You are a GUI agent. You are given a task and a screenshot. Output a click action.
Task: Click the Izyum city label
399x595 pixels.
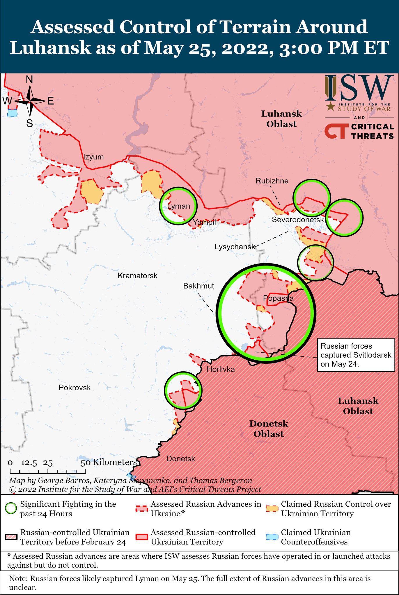point(93,157)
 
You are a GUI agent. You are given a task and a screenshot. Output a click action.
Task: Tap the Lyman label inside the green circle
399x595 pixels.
point(179,206)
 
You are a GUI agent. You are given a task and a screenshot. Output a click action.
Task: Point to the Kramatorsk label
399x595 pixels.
point(137,275)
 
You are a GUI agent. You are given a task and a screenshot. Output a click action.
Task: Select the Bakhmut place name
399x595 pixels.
point(198,286)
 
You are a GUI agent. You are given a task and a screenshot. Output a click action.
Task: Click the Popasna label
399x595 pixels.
point(278,298)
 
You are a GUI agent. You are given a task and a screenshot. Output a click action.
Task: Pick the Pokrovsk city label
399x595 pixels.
point(75,388)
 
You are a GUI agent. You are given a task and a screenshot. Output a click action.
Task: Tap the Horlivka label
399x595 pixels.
point(221,369)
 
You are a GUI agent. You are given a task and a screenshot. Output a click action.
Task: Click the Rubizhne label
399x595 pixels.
point(272,181)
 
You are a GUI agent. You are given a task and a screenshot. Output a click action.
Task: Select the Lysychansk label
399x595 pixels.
point(235,247)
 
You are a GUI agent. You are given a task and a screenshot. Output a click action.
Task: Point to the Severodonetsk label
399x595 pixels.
point(298,220)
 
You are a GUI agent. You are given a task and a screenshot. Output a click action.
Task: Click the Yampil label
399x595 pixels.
point(204,223)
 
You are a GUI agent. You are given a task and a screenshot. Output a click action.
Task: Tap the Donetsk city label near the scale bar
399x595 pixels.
point(181,459)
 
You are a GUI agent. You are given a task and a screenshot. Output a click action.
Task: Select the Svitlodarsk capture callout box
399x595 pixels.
point(356,355)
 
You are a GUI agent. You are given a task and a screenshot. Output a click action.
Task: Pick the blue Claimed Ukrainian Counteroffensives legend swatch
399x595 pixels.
point(272,537)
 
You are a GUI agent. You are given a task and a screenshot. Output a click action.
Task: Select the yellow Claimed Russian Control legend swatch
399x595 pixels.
point(272,509)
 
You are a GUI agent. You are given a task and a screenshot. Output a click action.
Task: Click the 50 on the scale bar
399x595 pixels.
point(86,463)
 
